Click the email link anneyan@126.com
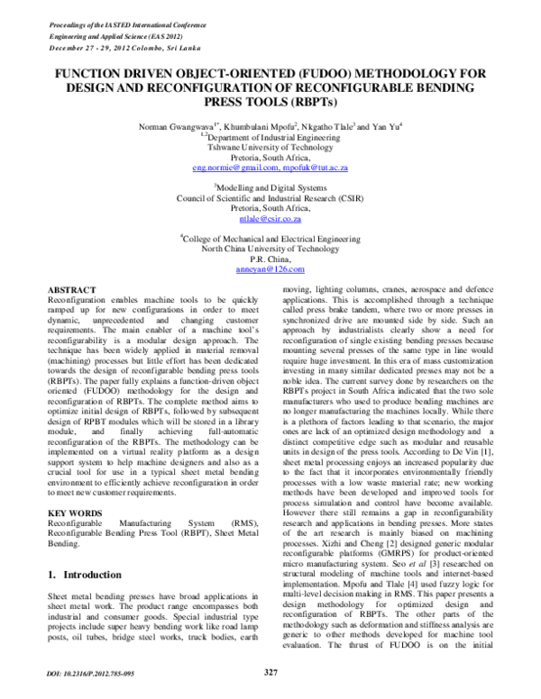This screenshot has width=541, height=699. tap(270, 268)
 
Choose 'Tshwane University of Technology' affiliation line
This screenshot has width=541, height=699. tap(270, 146)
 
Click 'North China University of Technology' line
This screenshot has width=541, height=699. tap(270, 248)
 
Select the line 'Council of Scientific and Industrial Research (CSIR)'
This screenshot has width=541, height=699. tap(270, 196)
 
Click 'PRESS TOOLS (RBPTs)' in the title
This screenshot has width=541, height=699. tap(270, 104)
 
